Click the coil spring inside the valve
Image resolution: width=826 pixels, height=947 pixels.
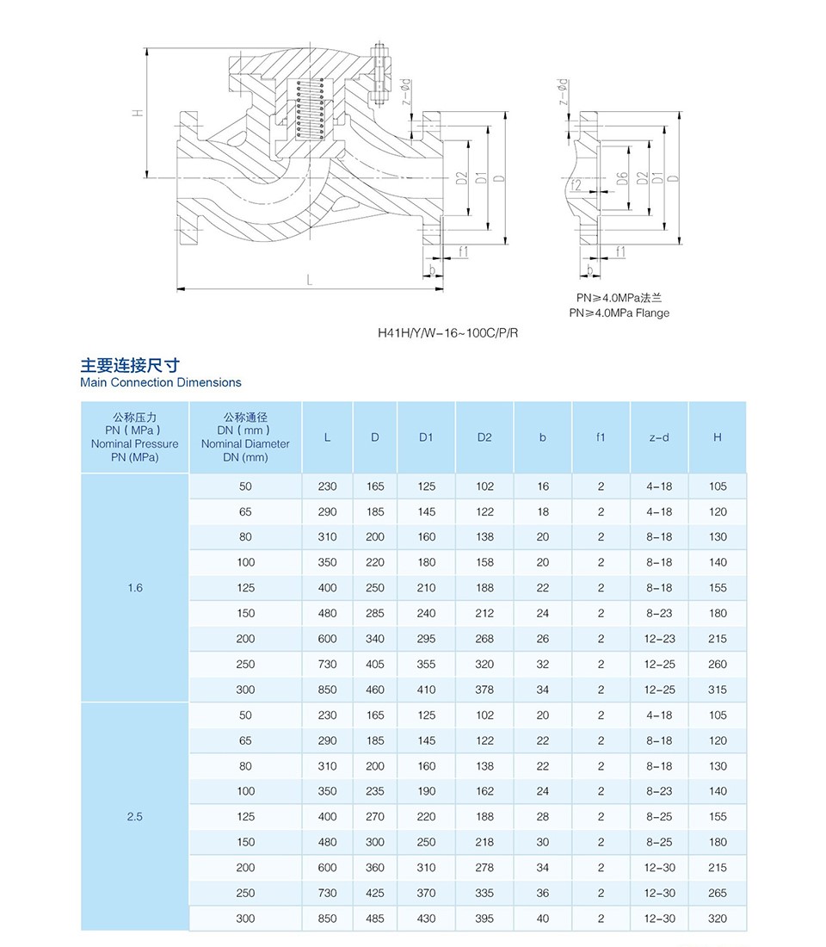(310, 109)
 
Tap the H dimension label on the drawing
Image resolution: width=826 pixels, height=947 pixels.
(137, 113)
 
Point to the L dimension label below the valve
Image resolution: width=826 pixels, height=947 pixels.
(309, 279)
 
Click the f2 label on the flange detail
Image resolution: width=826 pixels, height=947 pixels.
(576, 185)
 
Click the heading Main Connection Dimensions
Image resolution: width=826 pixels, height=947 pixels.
(161, 382)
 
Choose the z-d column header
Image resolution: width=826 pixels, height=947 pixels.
(659, 437)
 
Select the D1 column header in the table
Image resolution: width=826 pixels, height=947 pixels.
(426, 437)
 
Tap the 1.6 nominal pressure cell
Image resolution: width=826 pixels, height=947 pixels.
(134, 588)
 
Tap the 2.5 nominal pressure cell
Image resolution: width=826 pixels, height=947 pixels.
(134, 817)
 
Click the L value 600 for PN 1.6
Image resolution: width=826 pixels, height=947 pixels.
(327, 639)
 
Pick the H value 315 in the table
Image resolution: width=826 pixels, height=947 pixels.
(718, 690)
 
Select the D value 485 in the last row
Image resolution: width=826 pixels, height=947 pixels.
(374, 919)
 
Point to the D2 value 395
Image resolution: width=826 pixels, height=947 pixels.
(484, 919)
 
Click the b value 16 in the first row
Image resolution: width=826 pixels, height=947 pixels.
(542, 486)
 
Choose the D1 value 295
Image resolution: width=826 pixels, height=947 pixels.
(426, 639)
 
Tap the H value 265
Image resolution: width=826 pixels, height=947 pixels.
(718, 893)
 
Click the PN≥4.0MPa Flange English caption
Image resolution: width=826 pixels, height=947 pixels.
(619, 313)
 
